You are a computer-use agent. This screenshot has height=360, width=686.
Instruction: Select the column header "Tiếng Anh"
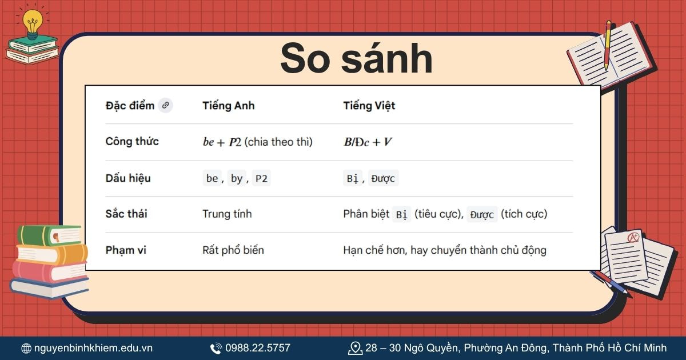[x=228, y=106]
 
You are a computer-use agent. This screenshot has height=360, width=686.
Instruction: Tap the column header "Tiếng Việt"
[x=369, y=106]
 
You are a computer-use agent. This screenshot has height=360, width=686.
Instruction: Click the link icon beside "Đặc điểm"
[x=165, y=105]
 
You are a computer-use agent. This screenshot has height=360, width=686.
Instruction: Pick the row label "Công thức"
[x=132, y=142]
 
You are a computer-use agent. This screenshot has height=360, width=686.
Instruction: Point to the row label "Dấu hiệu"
[x=128, y=178]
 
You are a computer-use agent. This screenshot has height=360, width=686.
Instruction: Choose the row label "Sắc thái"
[x=126, y=214]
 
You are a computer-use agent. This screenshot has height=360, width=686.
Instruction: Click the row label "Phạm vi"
[x=125, y=250]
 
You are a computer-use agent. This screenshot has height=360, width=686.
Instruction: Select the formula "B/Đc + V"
[x=368, y=142]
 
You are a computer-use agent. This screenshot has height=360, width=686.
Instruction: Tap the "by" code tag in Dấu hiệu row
[x=237, y=178]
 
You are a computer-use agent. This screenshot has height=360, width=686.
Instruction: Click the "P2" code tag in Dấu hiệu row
[x=261, y=178]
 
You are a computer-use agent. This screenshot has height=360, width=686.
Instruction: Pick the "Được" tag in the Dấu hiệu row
[x=382, y=178]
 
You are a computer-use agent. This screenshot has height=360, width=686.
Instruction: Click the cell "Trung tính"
[x=227, y=214]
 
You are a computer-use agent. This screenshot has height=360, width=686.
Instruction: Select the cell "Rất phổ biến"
[x=233, y=250]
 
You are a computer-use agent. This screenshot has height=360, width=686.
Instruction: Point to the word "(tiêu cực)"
[x=438, y=214]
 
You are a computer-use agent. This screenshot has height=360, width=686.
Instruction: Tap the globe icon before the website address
[x=26, y=348]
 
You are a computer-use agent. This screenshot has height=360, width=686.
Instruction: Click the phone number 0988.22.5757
[x=257, y=348]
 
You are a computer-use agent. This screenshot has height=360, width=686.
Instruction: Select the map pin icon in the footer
[x=355, y=347]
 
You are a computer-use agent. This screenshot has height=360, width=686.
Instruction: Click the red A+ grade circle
[x=633, y=237]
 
